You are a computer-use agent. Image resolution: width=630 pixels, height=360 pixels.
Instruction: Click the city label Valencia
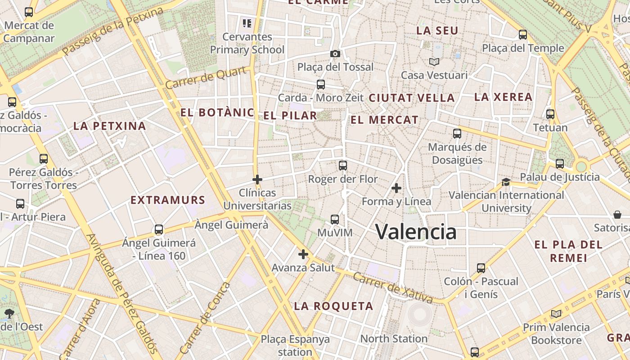pyautogui.click(x=416, y=232)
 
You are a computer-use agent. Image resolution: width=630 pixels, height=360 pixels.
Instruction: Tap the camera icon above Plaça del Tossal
pyautogui.click(x=335, y=54)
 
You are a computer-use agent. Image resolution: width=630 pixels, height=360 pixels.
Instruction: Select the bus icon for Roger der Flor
pyautogui.click(x=343, y=166)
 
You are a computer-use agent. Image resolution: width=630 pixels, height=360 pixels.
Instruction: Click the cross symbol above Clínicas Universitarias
pyautogui.click(x=257, y=180)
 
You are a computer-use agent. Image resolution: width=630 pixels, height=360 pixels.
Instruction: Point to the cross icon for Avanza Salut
pyautogui.click(x=303, y=254)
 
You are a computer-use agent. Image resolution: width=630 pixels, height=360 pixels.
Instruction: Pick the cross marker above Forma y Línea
pyautogui.click(x=396, y=188)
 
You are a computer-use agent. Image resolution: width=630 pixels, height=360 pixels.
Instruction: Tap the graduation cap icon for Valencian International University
pyautogui.click(x=506, y=182)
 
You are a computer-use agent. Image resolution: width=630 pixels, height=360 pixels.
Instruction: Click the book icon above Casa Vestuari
pyautogui.click(x=434, y=62)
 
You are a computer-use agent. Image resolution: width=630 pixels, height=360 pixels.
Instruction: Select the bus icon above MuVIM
pyautogui.click(x=335, y=220)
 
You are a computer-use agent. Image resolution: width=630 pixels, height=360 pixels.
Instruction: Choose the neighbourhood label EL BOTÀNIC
pyautogui.click(x=217, y=112)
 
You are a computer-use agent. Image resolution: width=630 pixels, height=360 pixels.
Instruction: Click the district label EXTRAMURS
pyautogui.click(x=168, y=200)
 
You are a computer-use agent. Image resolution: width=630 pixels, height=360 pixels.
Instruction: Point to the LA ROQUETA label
pyautogui.click(x=333, y=306)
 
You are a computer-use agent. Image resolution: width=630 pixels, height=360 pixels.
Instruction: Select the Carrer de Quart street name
pyautogui.click(x=206, y=78)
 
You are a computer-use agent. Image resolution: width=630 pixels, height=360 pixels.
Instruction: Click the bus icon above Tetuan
pyautogui.click(x=550, y=114)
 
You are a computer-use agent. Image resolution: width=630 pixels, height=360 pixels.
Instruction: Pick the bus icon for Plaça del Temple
pyautogui.click(x=523, y=35)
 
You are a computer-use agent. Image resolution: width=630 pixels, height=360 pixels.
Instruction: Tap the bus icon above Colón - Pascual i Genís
pyautogui.click(x=481, y=268)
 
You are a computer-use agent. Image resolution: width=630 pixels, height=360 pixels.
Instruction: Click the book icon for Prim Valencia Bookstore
pyautogui.click(x=556, y=314)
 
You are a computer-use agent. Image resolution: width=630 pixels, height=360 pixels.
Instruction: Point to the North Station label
pyautogui.click(x=394, y=338)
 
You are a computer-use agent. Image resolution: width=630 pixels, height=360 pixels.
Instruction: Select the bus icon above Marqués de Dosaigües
pyautogui.click(x=457, y=134)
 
